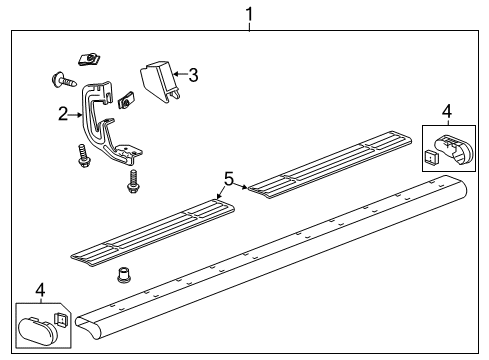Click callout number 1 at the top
point(249,15)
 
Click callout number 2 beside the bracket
point(63,114)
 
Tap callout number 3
point(193,75)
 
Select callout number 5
point(229,179)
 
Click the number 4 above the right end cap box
point(447,111)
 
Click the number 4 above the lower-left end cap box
point(40,290)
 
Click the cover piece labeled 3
point(160,82)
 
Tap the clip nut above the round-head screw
point(89,59)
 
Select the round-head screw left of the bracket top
point(63,79)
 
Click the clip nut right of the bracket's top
point(126,100)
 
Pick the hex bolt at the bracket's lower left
point(82,156)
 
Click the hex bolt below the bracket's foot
point(133,181)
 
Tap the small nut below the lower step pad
point(124,275)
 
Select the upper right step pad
point(330,164)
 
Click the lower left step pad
point(152,233)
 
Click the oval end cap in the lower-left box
point(38,330)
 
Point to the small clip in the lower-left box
point(62,320)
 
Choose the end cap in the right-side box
point(454,149)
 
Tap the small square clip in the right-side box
point(431,156)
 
